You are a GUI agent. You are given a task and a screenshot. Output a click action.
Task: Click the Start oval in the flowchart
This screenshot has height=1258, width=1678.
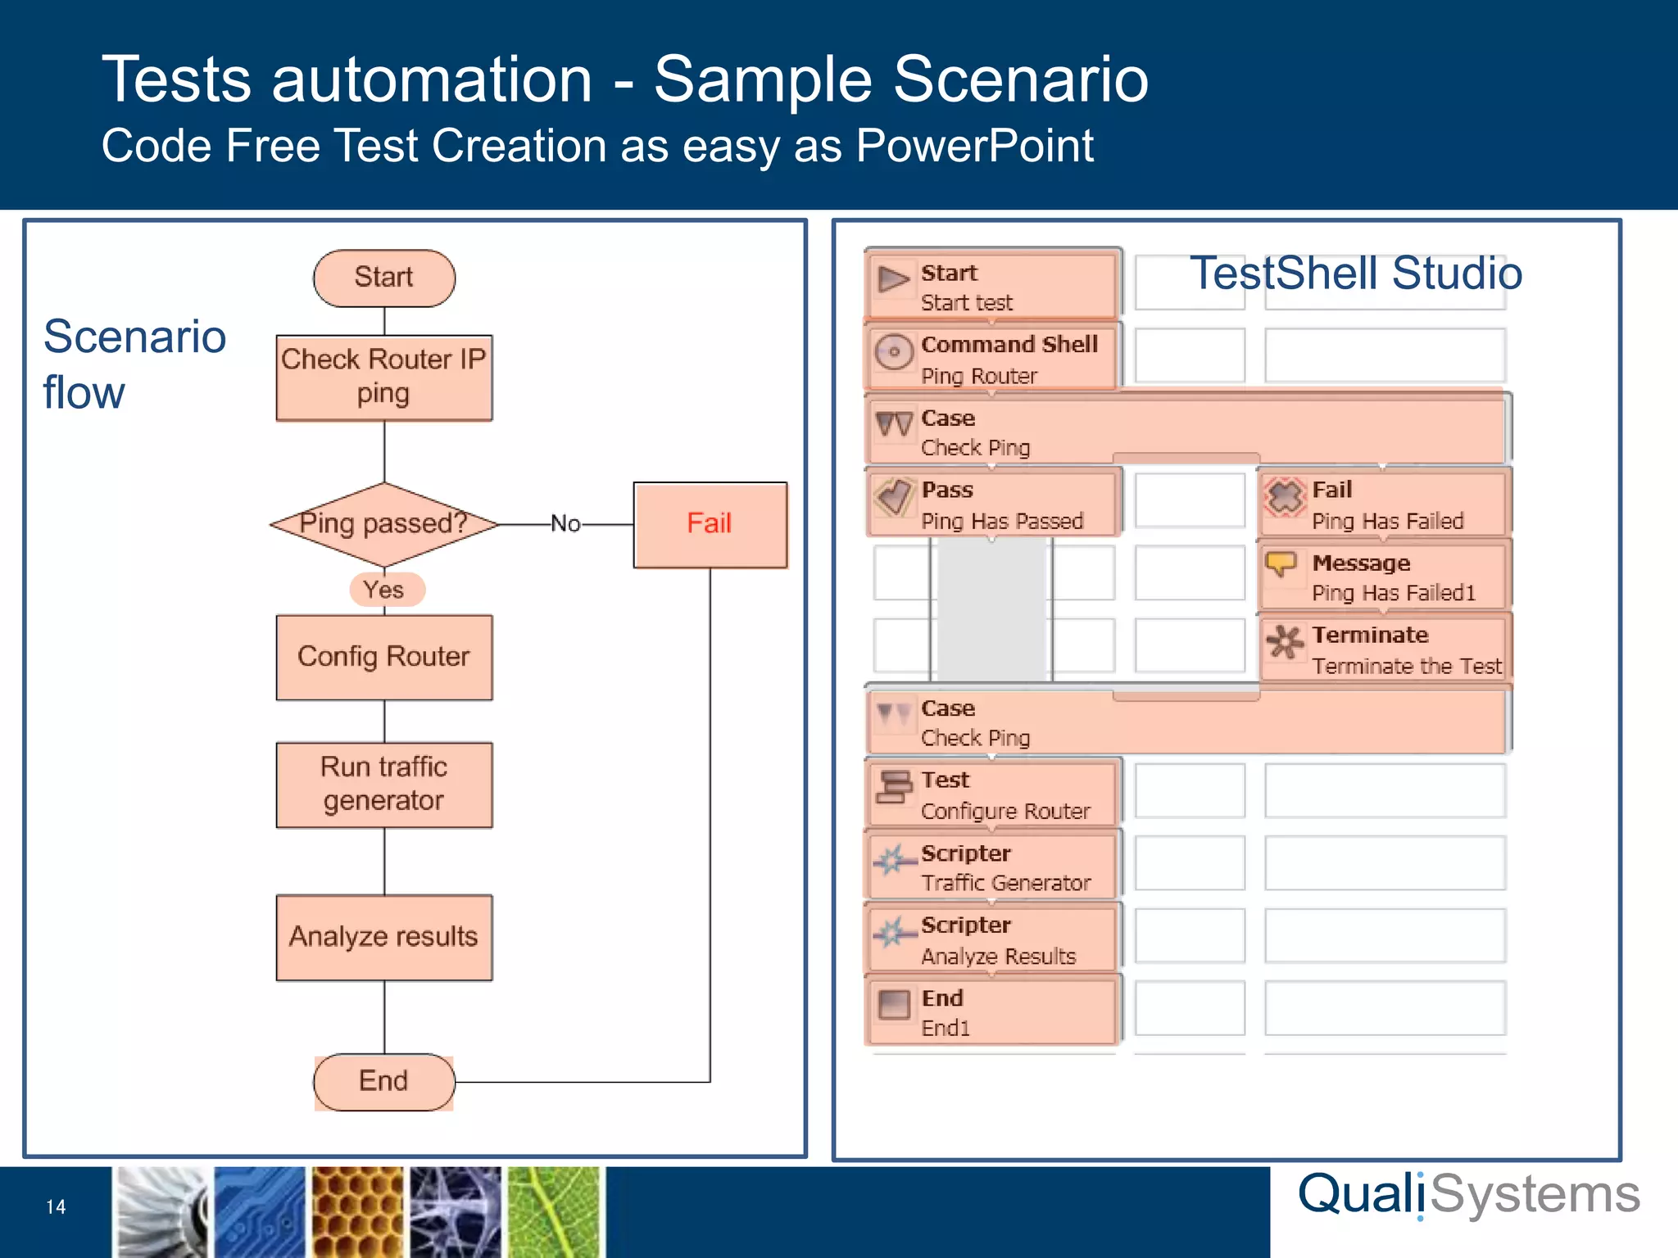click(x=383, y=278)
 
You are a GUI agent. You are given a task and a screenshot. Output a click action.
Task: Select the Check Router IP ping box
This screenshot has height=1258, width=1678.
click(x=383, y=378)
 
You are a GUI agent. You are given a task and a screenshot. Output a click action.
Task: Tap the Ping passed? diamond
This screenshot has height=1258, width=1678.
click(x=383, y=523)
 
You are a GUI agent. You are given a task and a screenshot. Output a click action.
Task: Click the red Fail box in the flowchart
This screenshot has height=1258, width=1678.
click(x=710, y=524)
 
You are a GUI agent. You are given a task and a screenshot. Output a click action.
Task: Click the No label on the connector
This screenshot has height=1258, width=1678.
click(x=565, y=523)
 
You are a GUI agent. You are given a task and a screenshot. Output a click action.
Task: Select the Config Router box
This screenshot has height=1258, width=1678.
click(x=383, y=657)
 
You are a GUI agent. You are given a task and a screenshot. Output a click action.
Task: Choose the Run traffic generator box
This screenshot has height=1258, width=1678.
click(x=383, y=785)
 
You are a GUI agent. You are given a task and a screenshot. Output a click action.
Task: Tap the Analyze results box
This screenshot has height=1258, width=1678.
click(x=383, y=937)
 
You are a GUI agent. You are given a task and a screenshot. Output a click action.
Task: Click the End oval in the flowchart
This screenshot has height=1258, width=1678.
click(x=383, y=1082)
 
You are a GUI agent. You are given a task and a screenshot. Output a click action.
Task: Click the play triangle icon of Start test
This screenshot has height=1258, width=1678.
click(x=893, y=280)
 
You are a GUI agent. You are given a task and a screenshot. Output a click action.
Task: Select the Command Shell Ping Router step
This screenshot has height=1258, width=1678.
click(x=991, y=359)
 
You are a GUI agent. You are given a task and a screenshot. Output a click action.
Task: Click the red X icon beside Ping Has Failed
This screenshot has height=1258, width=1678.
click(x=1285, y=496)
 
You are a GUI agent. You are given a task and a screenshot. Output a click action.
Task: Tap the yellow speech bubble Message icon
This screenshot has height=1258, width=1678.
click(x=1281, y=564)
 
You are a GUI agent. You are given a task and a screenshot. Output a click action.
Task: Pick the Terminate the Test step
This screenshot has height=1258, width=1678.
click(x=1385, y=649)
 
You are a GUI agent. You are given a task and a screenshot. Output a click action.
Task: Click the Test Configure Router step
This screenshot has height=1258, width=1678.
click(x=991, y=794)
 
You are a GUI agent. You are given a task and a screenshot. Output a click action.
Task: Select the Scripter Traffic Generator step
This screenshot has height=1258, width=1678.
click(x=991, y=867)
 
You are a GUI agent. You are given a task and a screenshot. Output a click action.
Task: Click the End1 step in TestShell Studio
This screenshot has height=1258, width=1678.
click(x=991, y=1011)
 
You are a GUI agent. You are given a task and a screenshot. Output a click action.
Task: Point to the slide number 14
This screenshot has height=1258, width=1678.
click(x=56, y=1207)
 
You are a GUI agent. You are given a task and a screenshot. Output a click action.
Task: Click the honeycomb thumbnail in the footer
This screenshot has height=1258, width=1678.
click(x=357, y=1212)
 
